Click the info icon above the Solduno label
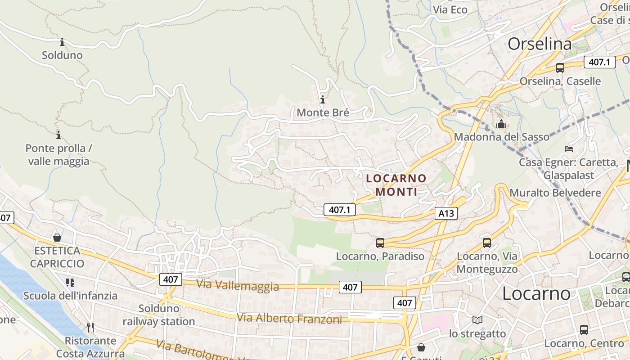coord(62,42)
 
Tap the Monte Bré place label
coord(323,112)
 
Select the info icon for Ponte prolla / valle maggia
coord(58,135)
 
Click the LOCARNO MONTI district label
coord(396,185)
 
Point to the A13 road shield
coord(446,213)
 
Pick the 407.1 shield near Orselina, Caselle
coord(599,62)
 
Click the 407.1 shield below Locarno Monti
coord(339,210)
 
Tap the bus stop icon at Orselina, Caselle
coord(560,68)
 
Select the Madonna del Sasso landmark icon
coord(501,124)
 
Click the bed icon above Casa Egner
coord(569,148)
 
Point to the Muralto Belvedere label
coord(555,193)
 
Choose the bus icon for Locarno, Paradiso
coord(380,243)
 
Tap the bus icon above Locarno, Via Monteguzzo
coord(486,243)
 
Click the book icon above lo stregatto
coord(477,320)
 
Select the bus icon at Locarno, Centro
coord(584,329)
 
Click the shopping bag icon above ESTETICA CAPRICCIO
coord(57,237)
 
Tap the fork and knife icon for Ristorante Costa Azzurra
coord(90,327)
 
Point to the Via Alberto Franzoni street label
coord(289,319)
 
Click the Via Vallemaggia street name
coord(237,285)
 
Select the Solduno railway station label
coord(158,315)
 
